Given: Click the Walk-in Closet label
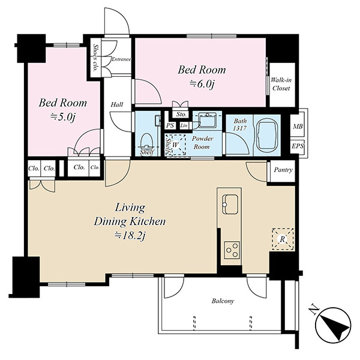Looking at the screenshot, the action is coord(281,84).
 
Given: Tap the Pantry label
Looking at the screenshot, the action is coord(283,170).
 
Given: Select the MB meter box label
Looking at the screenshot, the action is coord(298,126).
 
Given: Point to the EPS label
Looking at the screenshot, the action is coord(298,146).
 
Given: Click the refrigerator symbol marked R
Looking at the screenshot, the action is coord(283,239).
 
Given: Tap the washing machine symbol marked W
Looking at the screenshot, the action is coord(176,145).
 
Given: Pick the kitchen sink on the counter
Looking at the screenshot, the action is coord(229,204).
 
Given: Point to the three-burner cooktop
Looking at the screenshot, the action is coord(232,250).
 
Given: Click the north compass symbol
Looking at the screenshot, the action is coord(333,325).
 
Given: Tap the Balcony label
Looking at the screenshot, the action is coord(223,301).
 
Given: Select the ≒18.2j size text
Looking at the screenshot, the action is coord(130,236).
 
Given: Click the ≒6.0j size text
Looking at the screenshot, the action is coord(202,85).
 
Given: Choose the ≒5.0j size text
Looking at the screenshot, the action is coord(62,118).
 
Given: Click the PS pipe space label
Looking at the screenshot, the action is coord(170,125).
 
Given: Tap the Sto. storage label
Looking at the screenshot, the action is coord(181,114).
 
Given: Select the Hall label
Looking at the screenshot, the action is coord(117,104).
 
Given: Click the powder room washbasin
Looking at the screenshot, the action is coord(207,119).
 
